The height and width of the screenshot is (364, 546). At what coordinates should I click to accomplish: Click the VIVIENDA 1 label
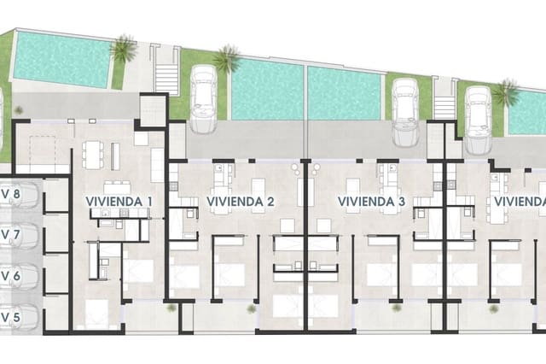pyautogui.click(x=119, y=202)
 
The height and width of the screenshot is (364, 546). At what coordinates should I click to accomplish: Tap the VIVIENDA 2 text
pyautogui.click(x=240, y=202)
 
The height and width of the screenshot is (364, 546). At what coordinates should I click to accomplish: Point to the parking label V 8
pyautogui.click(x=9, y=194)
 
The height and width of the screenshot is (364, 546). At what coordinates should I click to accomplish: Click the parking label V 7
pyautogui.click(x=9, y=235)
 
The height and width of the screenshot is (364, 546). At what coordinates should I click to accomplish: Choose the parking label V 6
pyautogui.click(x=9, y=276)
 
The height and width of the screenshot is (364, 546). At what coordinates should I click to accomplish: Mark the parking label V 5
pyautogui.click(x=9, y=317)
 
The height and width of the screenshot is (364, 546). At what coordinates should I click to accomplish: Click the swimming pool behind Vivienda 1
pyautogui.click(x=61, y=57)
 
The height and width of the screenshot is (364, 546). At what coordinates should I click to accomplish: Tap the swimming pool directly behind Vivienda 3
pyautogui.click(x=344, y=93)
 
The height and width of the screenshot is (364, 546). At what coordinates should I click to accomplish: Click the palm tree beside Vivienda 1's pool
pyautogui.click(x=125, y=49)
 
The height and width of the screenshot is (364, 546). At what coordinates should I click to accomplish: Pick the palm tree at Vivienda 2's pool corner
pyautogui.click(x=226, y=58)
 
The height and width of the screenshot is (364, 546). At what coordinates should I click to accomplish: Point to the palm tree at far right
pyautogui.click(x=506, y=91)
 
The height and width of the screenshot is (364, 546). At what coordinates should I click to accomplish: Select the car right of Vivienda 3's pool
pyautogui.click(x=404, y=110)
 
